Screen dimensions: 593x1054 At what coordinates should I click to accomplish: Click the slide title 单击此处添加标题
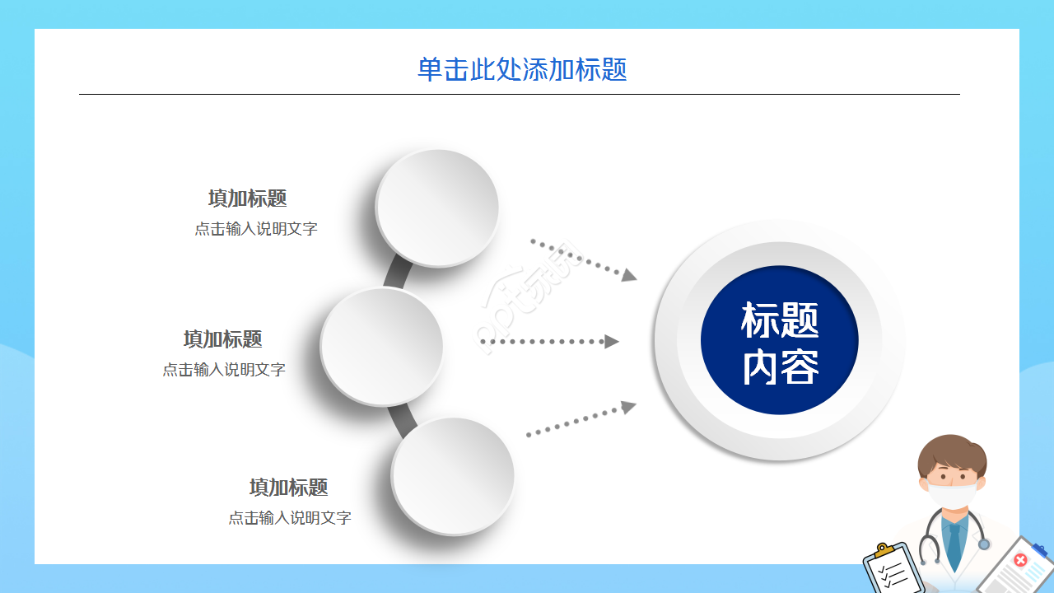coord(522,69)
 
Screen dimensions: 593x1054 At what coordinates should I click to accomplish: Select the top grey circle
coord(437,207)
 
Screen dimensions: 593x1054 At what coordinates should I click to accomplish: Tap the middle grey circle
coord(381,346)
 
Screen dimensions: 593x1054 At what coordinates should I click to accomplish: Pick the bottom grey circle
coord(453,475)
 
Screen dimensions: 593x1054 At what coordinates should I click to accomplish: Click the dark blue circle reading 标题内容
coord(779,341)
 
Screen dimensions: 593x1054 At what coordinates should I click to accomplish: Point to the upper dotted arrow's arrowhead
coord(630,274)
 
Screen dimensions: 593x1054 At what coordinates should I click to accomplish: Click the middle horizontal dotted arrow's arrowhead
coord(612,341)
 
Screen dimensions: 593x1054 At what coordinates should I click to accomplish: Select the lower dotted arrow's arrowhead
coord(629,406)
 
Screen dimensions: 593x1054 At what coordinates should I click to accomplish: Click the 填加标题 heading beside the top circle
coord(247,198)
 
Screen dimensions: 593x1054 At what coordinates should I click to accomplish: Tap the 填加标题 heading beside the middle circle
coord(222,339)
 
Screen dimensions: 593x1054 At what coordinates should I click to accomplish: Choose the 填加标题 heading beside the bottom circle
coord(288,488)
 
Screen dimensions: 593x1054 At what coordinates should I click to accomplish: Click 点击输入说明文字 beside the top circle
coord(256,229)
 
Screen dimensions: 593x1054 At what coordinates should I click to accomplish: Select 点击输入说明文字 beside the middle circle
coord(224,370)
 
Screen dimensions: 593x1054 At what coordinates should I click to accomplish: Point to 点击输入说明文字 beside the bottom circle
coord(290,518)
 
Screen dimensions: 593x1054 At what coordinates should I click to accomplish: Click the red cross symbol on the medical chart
coord(1021,561)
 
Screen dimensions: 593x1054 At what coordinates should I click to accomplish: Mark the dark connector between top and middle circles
coord(396,273)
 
